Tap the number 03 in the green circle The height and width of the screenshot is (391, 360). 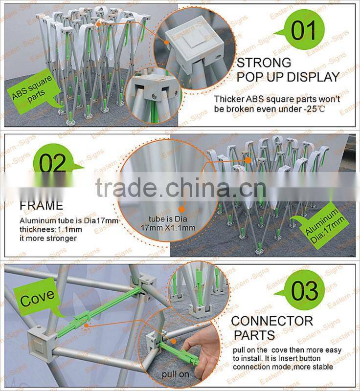[x=304, y=292]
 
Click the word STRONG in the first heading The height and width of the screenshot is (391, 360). [x=264, y=63]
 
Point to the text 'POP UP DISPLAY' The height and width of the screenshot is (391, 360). [x=288, y=77]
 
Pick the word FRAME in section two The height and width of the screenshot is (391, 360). [x=42, y=205]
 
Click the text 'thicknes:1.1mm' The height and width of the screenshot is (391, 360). [x=46, y=230]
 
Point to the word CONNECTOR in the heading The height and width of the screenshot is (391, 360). [x=272, y=321]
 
